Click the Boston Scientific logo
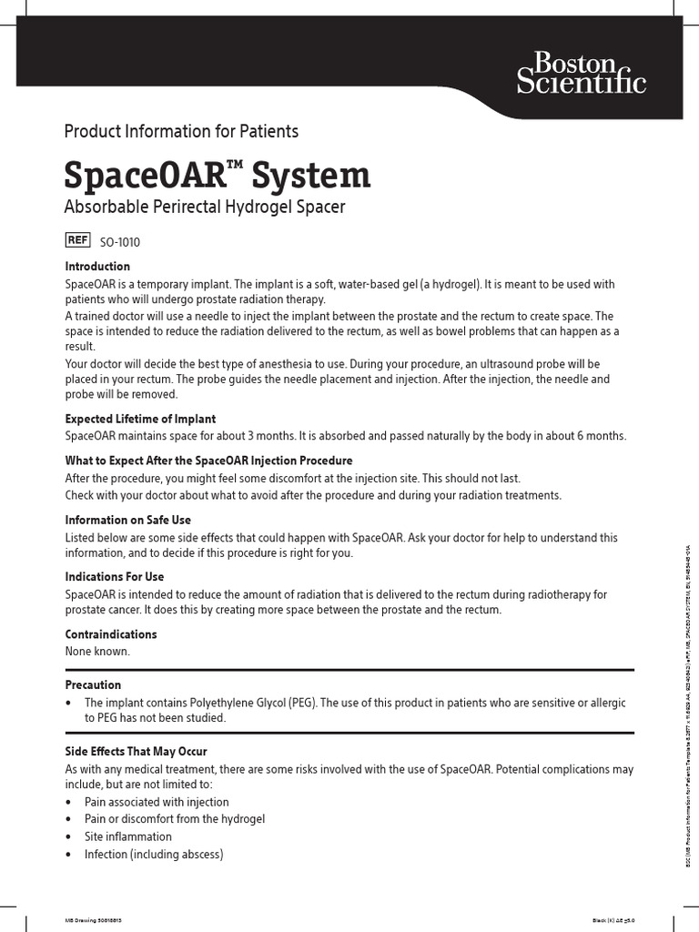click(581, 73)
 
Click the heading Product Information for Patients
click(181, 131)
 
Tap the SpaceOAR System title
click(218, 174)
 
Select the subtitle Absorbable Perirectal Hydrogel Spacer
click(205, 208)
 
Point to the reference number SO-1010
click(120, 242)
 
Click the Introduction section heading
click(97, 267)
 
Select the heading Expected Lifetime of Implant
click(140, 419)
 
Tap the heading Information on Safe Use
click(128, 520)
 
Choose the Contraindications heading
click(111, 634)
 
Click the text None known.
click(97, 652)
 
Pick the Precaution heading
click(93, 684)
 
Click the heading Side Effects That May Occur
click(136, 752)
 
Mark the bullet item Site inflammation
click(127, 836)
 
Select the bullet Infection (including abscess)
click(153, 854)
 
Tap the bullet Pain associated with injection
click(157, 802)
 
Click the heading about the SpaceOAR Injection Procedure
click(208, 461)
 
